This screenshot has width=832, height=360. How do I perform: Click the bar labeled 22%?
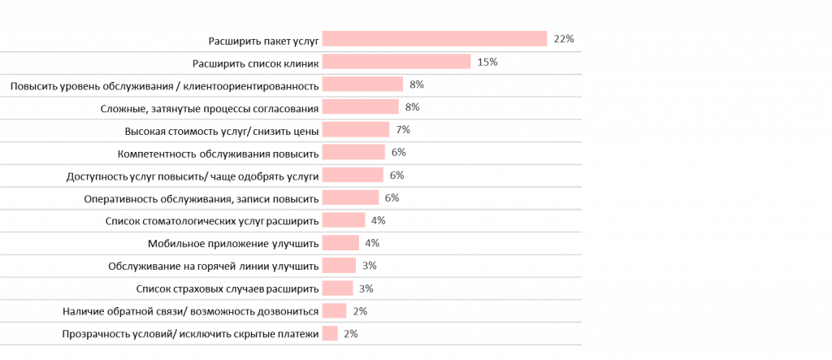tap(434, 38)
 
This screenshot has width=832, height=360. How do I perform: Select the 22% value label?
tap(564, 39)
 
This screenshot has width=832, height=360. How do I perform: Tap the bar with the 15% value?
tap(396, 61)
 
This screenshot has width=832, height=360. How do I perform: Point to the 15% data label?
tap(487, 62)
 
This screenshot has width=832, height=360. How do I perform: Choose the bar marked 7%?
tap(355, 129)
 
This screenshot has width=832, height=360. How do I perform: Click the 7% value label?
tap(403, 130)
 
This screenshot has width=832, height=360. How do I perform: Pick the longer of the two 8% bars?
tap(362, 84)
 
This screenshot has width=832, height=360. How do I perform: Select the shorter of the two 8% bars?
tap(360, 106)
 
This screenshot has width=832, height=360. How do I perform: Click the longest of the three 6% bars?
tap(353, 152)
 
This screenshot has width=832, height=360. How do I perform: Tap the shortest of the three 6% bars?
tap(350, 197)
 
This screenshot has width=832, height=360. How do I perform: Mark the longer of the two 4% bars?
tap(343, 220)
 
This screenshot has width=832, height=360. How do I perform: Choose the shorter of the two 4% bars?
tap(340, 243)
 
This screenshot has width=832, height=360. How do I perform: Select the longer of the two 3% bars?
tap(338, 266)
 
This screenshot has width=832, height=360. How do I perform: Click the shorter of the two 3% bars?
tap(337, 288)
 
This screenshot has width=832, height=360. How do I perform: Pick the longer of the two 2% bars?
tap(334, 311)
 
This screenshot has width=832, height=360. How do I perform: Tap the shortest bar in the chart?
tap(329, 334)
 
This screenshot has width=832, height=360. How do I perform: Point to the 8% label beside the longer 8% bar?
tap(417, 85)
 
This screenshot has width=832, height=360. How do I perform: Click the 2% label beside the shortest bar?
tap(350, 334)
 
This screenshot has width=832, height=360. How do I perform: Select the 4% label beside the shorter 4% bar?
tap(372, 243)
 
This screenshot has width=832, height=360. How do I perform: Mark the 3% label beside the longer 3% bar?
tap(369, 266)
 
